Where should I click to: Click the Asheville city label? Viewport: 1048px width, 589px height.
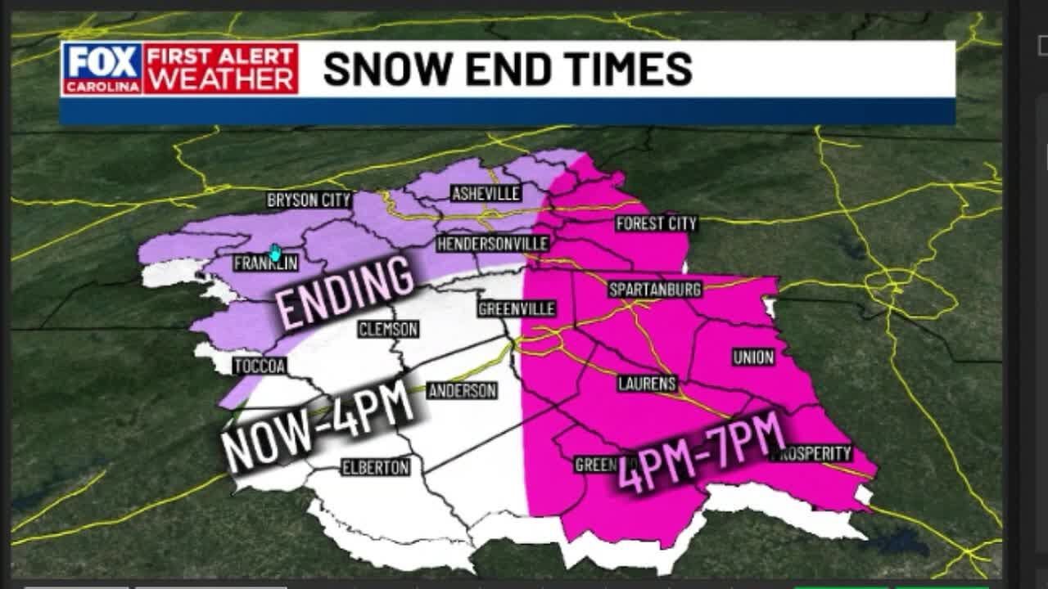486,194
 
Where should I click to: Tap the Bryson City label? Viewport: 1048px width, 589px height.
309,200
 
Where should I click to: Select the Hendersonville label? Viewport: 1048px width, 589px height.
492,244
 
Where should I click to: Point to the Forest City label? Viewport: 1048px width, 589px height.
656,223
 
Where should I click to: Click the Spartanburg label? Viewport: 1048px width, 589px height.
655,290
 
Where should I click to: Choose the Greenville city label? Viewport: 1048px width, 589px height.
517,308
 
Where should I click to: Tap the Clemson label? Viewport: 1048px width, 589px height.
388,330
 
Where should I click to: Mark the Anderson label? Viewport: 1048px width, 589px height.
462,390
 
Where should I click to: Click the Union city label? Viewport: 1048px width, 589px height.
753,357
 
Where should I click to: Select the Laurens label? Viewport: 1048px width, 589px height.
647,383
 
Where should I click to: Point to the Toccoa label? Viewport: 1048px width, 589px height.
260,366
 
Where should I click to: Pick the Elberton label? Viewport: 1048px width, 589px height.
375,467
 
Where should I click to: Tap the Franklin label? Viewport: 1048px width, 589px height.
265,263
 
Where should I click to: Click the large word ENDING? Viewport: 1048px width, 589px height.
344,290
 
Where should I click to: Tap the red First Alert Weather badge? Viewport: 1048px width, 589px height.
221,69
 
